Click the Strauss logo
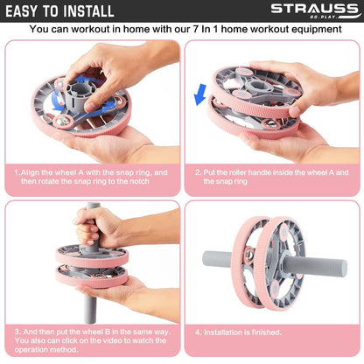(315, 10)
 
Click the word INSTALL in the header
(88, 11)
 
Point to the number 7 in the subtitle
(195, 29)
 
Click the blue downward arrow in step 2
(200, 94)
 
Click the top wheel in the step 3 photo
(92, 256)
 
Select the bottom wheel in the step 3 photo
(92, 276)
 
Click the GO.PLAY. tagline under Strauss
(324, 17)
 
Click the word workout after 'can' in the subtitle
(87, 29)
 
